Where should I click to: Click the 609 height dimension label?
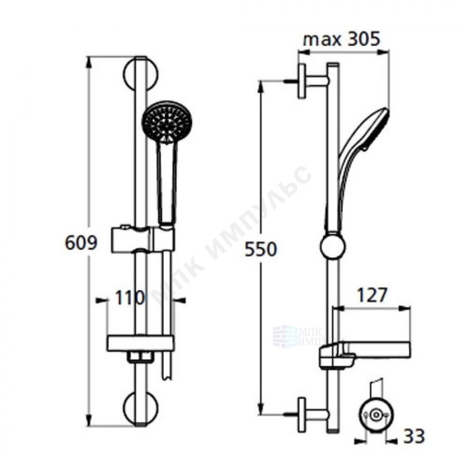(81, 243)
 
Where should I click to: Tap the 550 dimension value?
(261, 249)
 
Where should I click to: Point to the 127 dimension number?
(372, 295)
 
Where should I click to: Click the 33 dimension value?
(414, 436)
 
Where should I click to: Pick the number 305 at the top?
(363, 39)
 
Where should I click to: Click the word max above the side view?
(322, 40)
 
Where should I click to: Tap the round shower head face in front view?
(167, 121)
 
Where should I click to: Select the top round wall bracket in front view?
(140, 74)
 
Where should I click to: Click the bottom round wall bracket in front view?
(140, 407)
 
